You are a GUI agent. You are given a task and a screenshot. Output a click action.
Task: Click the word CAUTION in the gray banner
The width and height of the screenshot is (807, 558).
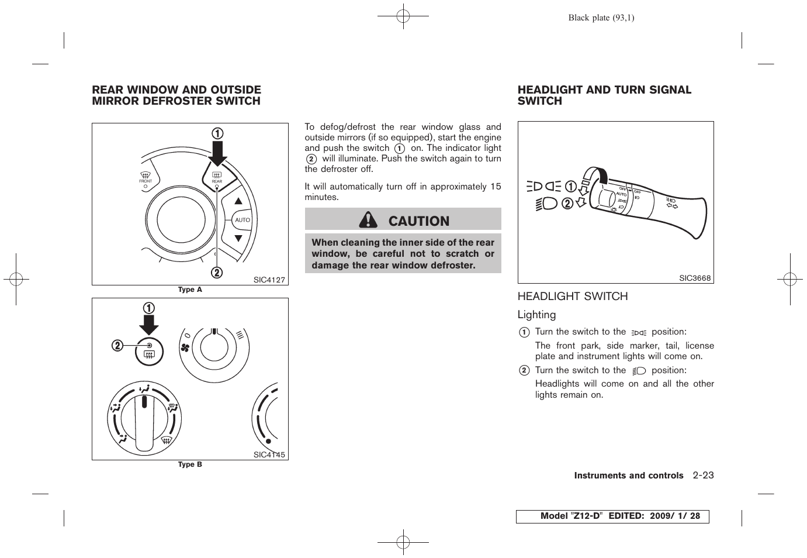418,221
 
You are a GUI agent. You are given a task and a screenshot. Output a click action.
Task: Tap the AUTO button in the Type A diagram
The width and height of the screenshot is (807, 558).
242,220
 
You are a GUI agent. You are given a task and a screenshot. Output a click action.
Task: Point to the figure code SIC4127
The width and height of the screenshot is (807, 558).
269,280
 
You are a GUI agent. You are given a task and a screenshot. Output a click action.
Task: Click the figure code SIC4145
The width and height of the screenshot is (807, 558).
269,454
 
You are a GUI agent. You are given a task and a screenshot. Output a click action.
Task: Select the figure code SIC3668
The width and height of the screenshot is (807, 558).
695,278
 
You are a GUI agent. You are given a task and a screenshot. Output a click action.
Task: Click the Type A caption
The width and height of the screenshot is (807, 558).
190,290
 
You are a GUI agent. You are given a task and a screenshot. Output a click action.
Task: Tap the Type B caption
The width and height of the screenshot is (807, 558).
190,464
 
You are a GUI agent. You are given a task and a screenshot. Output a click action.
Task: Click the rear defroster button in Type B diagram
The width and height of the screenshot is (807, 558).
149,352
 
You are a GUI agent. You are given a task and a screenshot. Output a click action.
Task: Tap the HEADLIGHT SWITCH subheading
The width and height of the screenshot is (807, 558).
572,297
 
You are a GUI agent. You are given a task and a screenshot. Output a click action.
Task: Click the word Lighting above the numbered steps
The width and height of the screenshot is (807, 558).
536,315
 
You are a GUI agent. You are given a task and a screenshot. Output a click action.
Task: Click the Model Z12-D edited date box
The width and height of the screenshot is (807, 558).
612,516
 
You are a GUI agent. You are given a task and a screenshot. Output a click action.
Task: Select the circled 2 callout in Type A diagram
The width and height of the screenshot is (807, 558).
216,273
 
